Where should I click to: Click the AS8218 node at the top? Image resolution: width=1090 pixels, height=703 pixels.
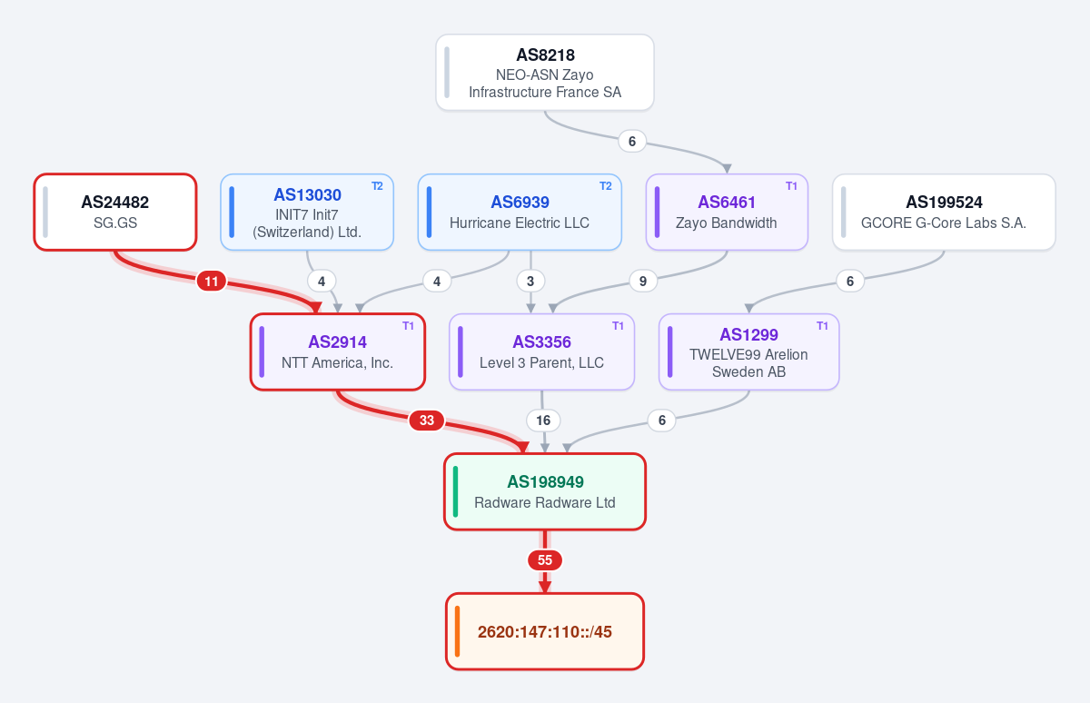point(544,73)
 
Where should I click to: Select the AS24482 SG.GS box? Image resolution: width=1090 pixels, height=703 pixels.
point(115,213)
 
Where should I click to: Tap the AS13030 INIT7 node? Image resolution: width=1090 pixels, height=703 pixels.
point(307,213)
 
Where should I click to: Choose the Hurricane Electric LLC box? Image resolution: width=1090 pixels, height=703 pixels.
point(520,213)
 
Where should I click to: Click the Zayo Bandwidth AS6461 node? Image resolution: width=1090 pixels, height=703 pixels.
point(727,213)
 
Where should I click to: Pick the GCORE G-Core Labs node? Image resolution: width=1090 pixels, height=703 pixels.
point(944,213)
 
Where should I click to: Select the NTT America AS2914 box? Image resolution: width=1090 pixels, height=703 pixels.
point(338,351)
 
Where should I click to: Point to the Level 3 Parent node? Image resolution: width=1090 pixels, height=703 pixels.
point(541,351)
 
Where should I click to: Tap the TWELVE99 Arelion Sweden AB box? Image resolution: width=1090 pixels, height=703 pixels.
point(748,351)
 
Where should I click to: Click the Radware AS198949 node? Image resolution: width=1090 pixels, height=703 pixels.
point(545,491)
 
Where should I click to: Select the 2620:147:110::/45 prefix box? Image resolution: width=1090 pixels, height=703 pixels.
point(545,631)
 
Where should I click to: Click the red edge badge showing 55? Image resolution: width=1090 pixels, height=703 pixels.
point(545,560)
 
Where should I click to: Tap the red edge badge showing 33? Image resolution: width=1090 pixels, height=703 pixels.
point(427,421)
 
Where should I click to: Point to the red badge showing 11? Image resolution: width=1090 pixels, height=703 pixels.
point(211,282)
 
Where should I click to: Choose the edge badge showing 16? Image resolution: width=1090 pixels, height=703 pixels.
point(543,421)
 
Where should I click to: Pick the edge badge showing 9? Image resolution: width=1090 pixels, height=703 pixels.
point(643,282)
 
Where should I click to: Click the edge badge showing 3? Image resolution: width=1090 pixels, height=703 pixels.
point(530,282)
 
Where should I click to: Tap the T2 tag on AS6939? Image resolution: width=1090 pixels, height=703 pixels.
point(605,186)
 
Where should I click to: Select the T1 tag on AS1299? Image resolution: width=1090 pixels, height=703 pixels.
point(822,325)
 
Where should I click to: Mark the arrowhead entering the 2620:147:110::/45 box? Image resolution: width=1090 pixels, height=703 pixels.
point(545,587)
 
